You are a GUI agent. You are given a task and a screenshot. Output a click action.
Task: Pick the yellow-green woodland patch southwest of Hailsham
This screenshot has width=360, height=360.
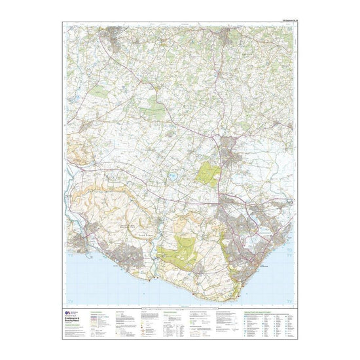click(x=209, y=173)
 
